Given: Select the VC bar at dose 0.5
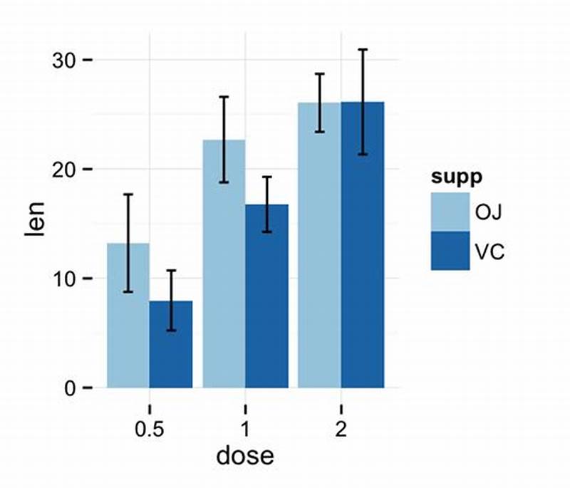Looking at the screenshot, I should pyautogui.click(x=171, y=349).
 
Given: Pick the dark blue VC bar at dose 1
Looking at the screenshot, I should pyautogui.click(x=266, y=306).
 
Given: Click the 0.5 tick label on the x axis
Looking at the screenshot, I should pyautogui.click(x=150, y=430).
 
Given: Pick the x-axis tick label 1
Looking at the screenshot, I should pyautogui.click(x=245, y=430).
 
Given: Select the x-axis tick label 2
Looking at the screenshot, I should pyautogui.click(x=341, y=430).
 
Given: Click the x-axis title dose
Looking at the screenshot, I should pyautogui.click(x=245, y=455).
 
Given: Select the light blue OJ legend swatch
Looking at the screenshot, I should pyautogui.click(x=450, y=212).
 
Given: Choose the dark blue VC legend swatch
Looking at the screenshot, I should pyautogui.click(x=450, y=251).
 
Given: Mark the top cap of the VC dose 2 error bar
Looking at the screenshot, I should pyautogui.click(x=363, y=50).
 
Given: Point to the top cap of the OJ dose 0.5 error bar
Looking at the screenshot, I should pyautogui.click(x=128, y=194).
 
